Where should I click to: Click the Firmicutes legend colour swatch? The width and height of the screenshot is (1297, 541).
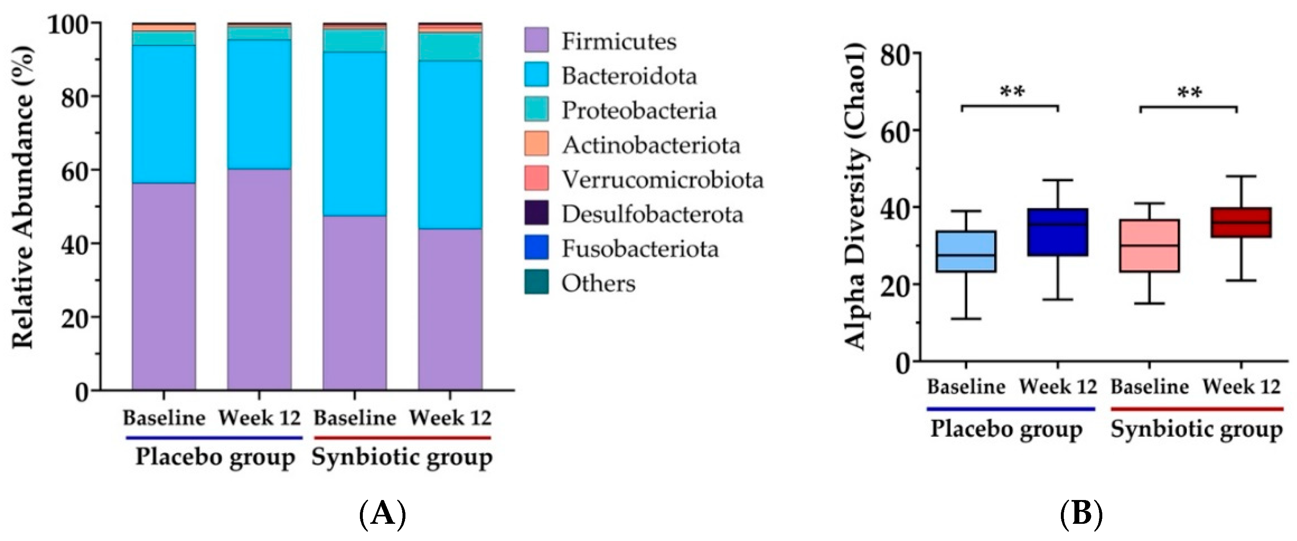coord(536,40)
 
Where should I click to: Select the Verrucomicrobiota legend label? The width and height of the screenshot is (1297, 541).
coord(662,180)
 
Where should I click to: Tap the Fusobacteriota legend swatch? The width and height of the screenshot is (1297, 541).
coord(536,248)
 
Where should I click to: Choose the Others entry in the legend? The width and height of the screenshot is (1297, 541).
coord(598,283)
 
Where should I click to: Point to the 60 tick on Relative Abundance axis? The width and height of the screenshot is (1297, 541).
coord(75,170)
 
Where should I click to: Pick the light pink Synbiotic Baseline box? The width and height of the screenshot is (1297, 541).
coord(1149,245)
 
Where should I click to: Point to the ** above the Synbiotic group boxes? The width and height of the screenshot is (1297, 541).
coord(1189,93)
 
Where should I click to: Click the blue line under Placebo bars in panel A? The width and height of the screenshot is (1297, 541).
coord(214,438)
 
